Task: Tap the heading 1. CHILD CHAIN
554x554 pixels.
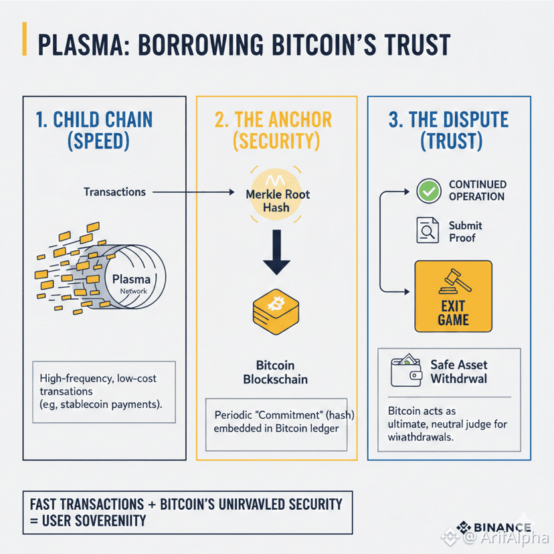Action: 93,120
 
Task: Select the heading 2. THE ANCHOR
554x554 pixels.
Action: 273,120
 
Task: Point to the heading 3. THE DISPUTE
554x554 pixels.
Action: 448,120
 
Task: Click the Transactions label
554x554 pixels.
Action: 114,192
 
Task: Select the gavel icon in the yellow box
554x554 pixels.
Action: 452,280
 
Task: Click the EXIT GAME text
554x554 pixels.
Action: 453,313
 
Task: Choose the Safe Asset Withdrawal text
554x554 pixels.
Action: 458,372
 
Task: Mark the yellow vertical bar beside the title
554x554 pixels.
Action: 25,39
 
